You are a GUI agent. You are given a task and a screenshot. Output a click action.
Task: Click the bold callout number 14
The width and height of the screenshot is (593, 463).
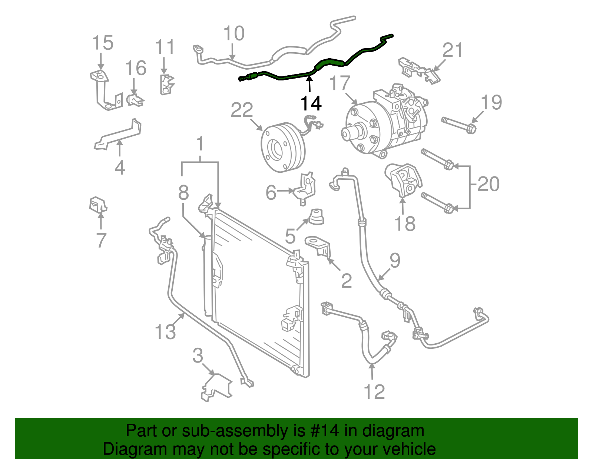(311, 103)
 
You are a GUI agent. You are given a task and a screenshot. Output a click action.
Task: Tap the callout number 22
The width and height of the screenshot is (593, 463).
(242, 110)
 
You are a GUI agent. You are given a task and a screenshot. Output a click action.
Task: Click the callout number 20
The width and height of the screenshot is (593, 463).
(488, 184)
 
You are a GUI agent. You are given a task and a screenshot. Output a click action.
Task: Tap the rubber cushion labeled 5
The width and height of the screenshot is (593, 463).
(316, 217)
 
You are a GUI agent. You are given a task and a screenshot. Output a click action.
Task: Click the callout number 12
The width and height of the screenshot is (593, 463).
(374, 391)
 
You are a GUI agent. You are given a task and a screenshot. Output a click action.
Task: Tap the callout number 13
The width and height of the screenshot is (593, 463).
(165, 331)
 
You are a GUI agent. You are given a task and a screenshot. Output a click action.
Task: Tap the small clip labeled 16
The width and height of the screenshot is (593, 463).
(135, 100)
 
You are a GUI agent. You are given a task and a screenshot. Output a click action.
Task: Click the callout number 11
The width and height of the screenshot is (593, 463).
(165, 47)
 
